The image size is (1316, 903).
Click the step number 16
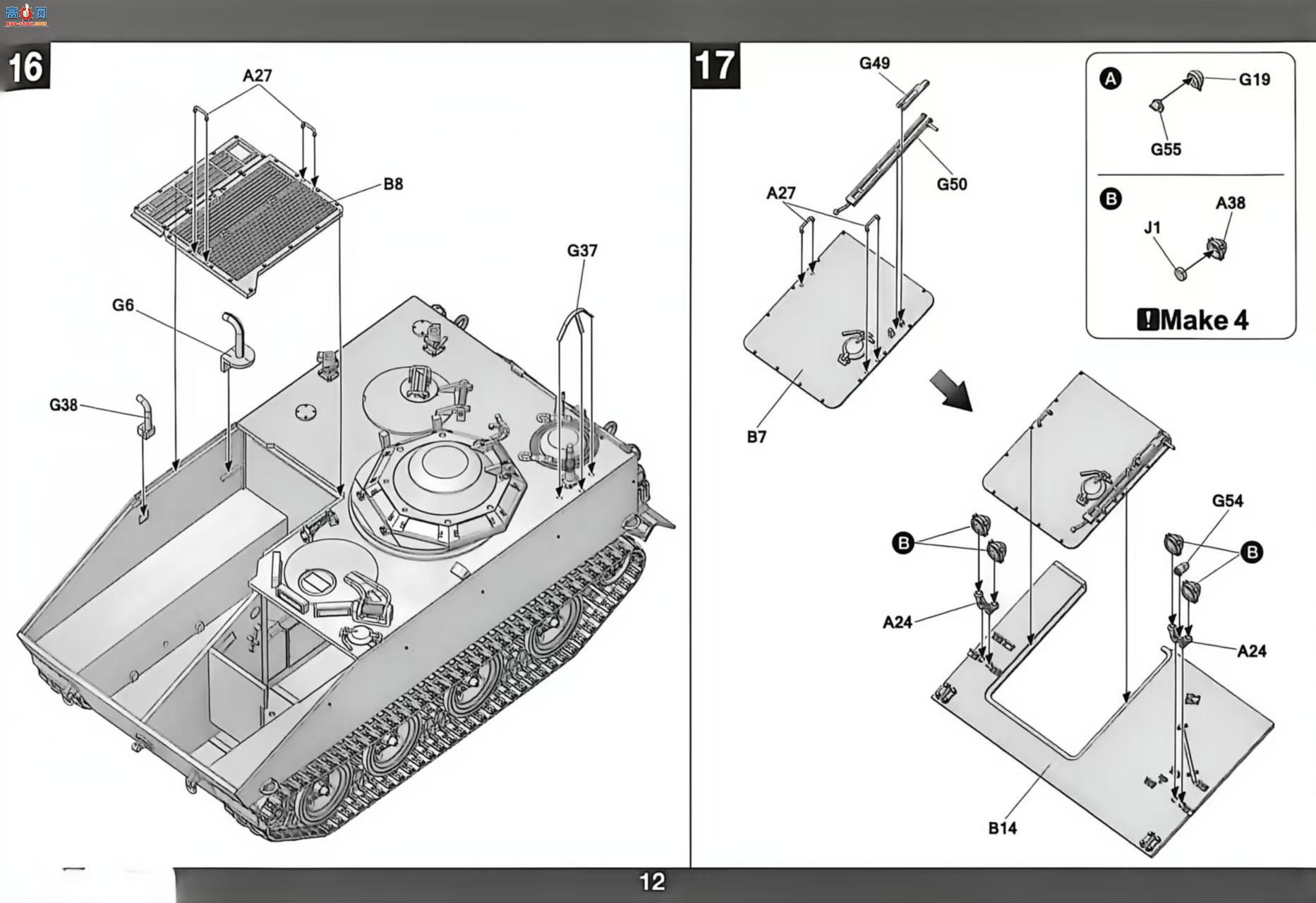(x=25, y=67)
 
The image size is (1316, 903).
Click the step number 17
(x=715, y=66)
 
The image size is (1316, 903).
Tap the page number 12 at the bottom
(x=652, y=881)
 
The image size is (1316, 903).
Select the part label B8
(x=393, y=184)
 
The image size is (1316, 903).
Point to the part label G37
(x=582, y=251)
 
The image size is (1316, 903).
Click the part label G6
(x=123, y=305)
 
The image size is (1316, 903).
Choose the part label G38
(x=64, y=405)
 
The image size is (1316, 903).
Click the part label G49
(x=874, y=64)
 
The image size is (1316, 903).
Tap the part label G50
(x=952, y=184)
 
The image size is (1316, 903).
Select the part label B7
(x=756, y=437)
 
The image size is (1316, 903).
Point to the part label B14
(x=1002, y=828)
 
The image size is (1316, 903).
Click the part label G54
(x=1227, y=501)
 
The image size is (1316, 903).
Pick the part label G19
(x=1255, y=80)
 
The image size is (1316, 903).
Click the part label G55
(x=1166, y=150)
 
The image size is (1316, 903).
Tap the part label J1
(x=1152, y=228)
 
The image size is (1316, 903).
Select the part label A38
(x=1231, y=203)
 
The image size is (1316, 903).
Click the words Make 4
(x=1204, y=321)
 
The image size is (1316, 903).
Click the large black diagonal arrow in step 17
(x=951, y=390)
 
